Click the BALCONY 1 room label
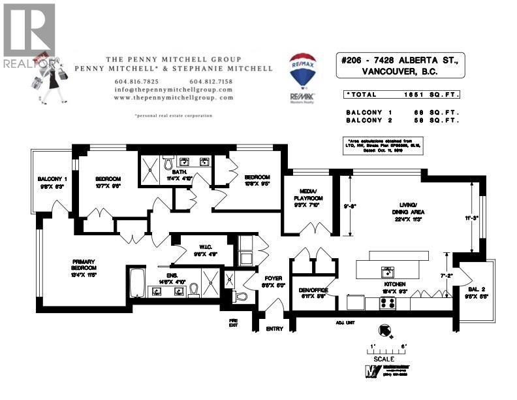point(53,179)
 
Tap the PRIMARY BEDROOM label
point(84,264)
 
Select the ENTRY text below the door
point(275,329)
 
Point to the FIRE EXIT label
point(233,322)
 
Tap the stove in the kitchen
point(387,303)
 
